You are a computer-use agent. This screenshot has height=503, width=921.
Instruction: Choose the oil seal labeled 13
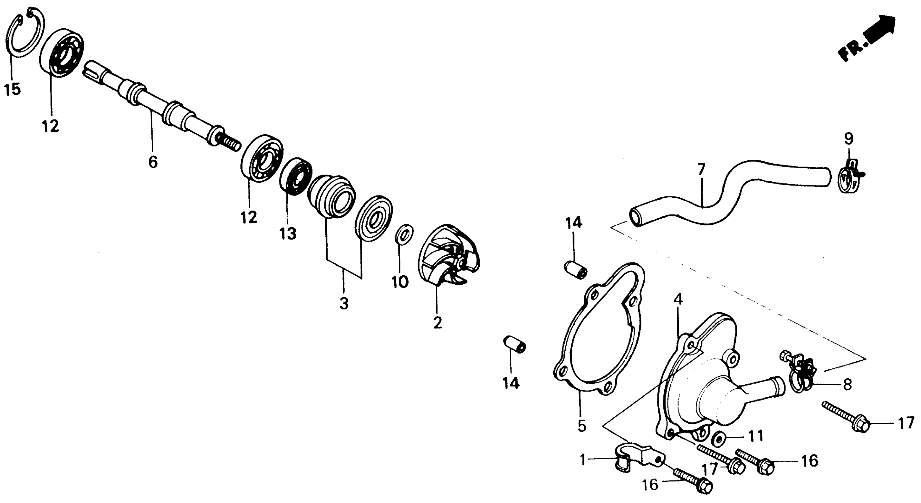click(296, 176)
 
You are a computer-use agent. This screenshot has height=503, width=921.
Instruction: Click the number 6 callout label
click(153, 162)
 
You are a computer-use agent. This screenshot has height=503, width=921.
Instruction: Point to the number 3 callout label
click(344, 304)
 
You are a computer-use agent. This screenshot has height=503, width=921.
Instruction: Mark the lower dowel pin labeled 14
click(515, 344)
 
